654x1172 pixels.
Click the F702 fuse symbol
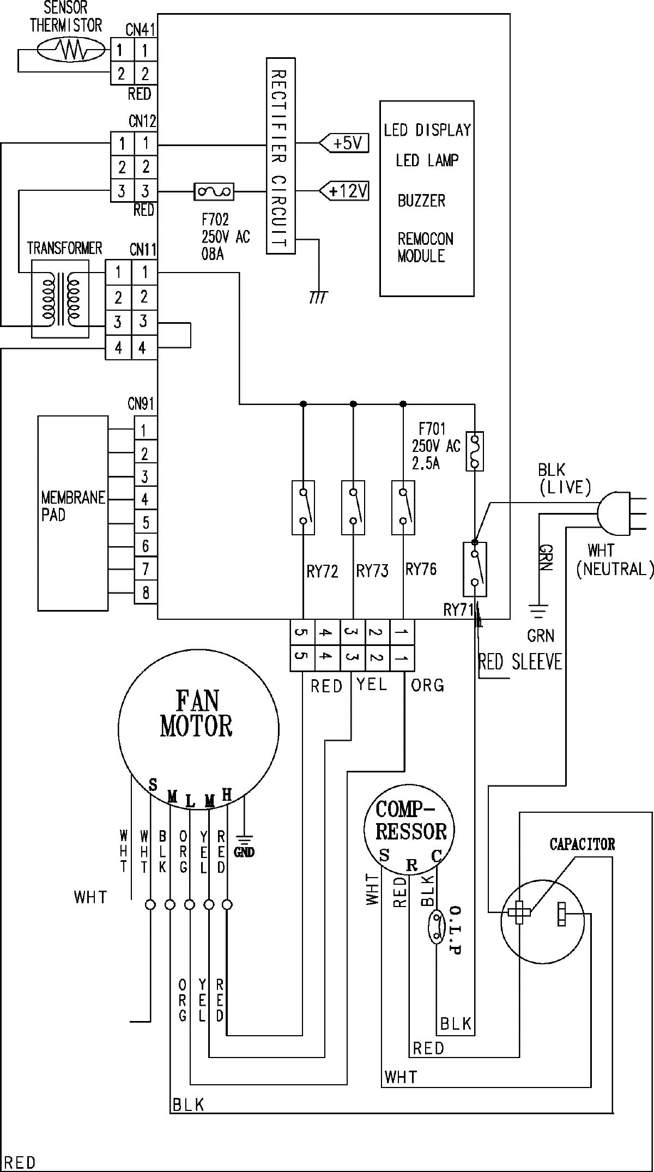click(x=214, y=191)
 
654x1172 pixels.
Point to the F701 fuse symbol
click(x=475, y=451)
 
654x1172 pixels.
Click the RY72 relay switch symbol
click(x=303, y=507)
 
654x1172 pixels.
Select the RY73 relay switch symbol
click(x=353, y=507)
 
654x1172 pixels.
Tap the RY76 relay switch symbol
click(x=403, y=507)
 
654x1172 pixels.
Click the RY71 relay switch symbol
click(x=475, y=569)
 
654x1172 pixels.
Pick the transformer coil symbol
click(x=60, y=299)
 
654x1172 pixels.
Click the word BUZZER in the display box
click(x=421, y=201)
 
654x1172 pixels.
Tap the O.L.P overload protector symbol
click(x=436, y=926)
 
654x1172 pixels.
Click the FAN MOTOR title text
click(x=196, y=714)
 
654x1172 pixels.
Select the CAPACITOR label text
click(x=582, y=845)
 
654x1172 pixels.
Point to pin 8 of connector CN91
click(x=146, y=593)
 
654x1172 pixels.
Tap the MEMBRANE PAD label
click(x=73, y=506)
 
